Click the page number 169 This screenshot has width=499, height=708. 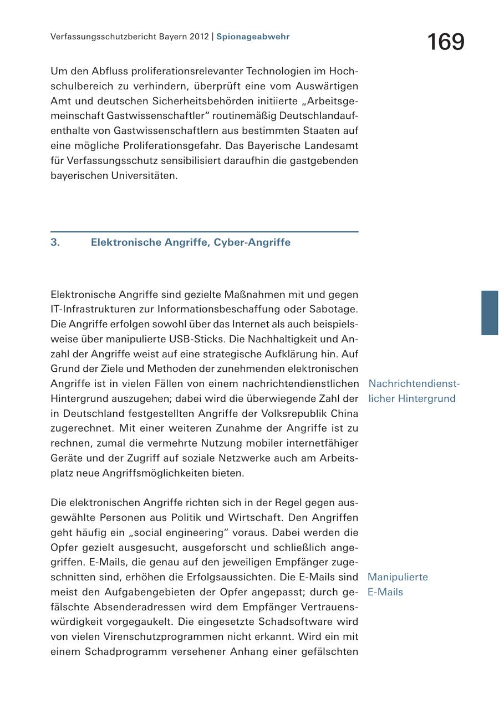pyautogui.click(x=446, y=42)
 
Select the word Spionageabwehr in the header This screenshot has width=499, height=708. pyautogui.click(x=253, y=37)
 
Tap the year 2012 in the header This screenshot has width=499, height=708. pyautogui.click(x=198, y=37)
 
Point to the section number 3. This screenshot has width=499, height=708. pyautogui.click(x=55, y=242)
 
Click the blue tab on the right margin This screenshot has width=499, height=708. pyautogui.click(x=490, y=312)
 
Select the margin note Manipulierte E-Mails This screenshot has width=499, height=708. pyautogui.click(x=398, y=584)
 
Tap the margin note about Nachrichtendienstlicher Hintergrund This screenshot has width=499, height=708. pyautogui.click(x=413, y=391)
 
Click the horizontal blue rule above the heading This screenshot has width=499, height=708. pyautogui.click(x=204, y=231)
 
